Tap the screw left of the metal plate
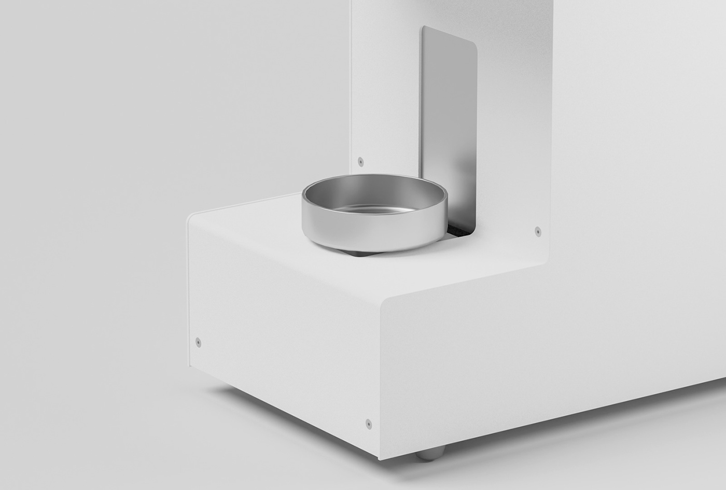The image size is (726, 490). (361, 161)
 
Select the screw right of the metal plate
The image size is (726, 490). (537, 231)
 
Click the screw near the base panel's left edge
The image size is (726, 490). (198, 341)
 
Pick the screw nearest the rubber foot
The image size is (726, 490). (368, 423)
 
